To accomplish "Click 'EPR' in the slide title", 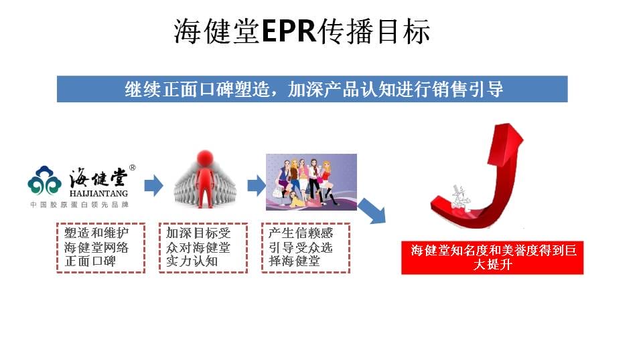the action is pos(289,31).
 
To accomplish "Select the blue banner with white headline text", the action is pos(312,89).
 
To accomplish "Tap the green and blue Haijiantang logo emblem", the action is pos(45,180).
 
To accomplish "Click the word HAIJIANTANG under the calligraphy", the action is pos(98,193).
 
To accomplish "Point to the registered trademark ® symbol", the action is pos(132,167).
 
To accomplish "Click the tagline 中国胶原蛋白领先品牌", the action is pos(80,205).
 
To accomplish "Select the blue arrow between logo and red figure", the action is pos(154,185).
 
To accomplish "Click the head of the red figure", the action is pos(205,158).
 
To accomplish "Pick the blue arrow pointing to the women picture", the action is pos(257,185).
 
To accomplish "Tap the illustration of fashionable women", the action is pos(311,182).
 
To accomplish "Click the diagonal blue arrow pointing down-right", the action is pos(372,211).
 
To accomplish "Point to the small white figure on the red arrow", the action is pos(460,198).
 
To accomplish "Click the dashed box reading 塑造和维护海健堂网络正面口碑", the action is pos(101,247).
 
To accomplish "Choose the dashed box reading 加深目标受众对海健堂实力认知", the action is pos(204,247).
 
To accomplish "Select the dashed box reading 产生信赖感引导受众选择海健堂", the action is pos(306,247).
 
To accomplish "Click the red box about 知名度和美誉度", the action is pos(492,257).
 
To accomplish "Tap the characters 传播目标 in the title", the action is pos(374,31).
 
